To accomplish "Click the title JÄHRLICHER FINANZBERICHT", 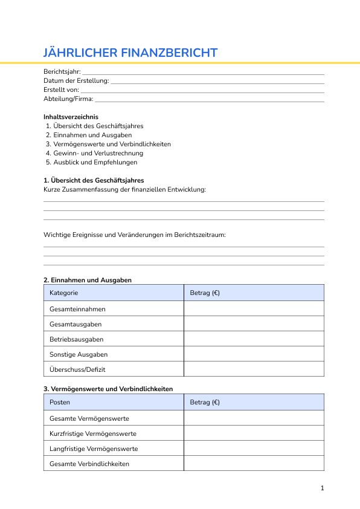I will click(130, 53).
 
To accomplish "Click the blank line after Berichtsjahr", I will click(203, 73).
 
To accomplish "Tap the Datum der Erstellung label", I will click(76, 80).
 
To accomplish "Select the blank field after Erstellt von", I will click(202, 91).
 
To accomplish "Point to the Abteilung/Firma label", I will click(68, 99).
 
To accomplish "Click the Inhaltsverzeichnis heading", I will click(71, 117).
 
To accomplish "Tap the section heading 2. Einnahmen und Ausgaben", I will click(88, 280).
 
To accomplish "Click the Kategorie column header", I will click(63, 293).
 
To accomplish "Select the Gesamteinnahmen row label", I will click(77, 309).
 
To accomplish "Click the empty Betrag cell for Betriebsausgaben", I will click(254, 339).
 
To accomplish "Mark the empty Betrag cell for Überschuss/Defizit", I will click(254, 369).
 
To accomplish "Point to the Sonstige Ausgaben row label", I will click(79, 354).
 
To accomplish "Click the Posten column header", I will click(60, 402).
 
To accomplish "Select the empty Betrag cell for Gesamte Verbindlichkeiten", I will click(254, 464).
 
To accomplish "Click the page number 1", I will click(323, 488).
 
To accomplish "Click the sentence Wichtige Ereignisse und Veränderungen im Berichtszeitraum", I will click(134, 235).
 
